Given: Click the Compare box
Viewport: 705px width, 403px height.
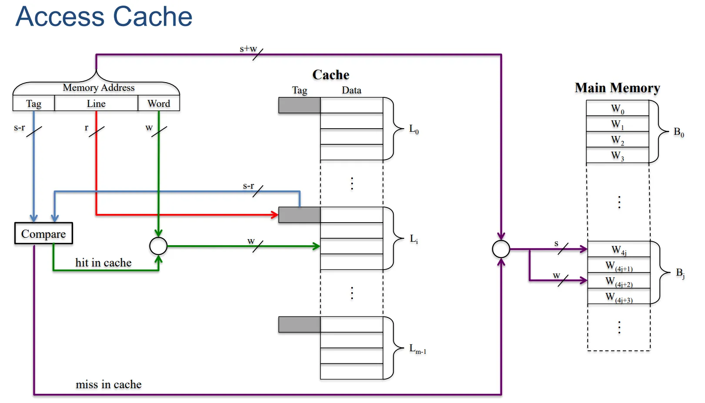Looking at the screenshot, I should (43, 233).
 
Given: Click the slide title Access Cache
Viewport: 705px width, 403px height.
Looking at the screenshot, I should (104, 17).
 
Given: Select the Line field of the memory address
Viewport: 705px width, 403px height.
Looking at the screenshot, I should (96, 103).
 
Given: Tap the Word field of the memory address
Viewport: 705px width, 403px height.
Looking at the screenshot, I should (159, 103).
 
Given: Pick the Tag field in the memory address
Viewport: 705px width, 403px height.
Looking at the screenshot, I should (34, 103).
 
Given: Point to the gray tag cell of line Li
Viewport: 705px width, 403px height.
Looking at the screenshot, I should (299, 215).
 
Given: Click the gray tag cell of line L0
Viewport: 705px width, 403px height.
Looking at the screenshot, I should (299, 105).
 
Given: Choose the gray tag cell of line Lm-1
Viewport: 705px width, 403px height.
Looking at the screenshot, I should (299, 324).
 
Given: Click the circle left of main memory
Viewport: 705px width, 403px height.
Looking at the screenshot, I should (501, 249).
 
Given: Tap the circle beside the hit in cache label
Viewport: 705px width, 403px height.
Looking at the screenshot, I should (158, 246).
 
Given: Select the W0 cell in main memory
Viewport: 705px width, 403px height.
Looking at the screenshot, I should (617, 108).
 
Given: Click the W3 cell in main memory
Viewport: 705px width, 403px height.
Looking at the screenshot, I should (617, 155).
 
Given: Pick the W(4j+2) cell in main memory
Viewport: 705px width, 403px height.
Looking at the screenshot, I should (619, 281).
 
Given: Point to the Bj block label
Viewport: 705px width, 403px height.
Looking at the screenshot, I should (680, 273).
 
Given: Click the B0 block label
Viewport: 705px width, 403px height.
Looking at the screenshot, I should (678, 132).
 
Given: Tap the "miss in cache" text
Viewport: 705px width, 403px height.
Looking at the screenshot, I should (109, 384).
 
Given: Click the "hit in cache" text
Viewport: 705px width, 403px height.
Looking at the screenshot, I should (103, 263).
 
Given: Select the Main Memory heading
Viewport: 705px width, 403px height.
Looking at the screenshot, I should (617, 88).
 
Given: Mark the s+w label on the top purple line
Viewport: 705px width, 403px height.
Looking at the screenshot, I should (248, 49).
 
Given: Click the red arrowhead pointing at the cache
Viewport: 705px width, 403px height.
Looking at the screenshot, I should (275, 215).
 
